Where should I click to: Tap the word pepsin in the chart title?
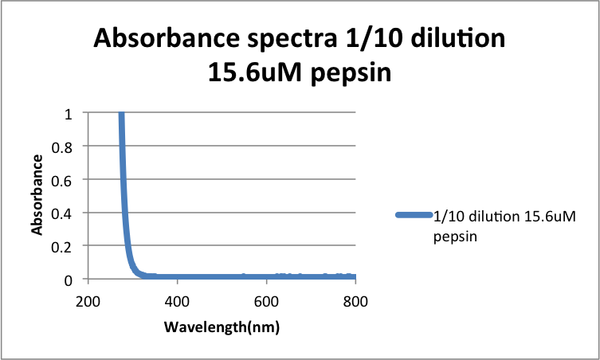tap(351, 73)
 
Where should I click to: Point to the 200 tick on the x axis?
tap(88, 302)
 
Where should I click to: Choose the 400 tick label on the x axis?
tap(177, 302)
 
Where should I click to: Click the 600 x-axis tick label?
tap(266, 302)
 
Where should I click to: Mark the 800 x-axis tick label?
tap(355, 302)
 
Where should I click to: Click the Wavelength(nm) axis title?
tap(222, 327)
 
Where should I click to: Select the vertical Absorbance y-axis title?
tap(37, 195)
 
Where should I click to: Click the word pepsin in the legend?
tap(450, 237)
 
